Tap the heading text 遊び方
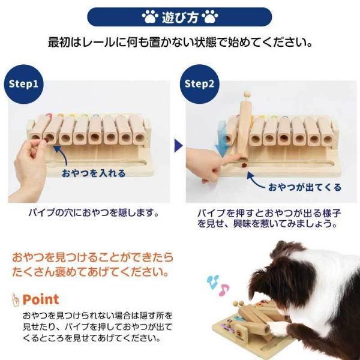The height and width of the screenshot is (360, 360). pos(179,16)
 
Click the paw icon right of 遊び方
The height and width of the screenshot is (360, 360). pos(210,16)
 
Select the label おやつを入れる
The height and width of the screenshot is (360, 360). pos(94,173)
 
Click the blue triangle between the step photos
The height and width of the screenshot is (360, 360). pos(178,145)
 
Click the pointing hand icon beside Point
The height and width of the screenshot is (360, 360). pos(16,299)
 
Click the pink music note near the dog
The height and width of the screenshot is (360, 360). pos(224,290)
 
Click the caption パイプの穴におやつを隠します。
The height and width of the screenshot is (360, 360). pos(93,212)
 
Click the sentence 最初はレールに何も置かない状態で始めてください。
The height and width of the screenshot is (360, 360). pos(180,43)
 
